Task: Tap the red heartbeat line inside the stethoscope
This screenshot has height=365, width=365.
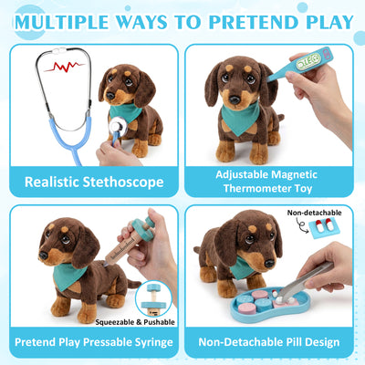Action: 64,67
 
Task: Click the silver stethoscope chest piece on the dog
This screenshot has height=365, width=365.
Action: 119,128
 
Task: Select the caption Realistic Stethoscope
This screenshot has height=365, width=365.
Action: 94,182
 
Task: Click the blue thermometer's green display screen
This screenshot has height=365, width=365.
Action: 308,58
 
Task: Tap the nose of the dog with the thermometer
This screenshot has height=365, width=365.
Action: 235,99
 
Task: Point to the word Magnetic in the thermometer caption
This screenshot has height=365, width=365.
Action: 294,174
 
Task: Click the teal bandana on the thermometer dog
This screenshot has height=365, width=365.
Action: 240,118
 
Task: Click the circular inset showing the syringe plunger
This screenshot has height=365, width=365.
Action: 153,298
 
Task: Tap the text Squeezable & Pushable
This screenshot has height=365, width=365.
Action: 135,322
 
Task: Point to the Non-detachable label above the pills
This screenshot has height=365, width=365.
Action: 314,213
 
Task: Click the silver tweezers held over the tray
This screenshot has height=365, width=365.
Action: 305,280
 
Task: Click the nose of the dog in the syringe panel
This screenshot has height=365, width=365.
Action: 43,255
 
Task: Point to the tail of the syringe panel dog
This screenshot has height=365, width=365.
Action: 133,284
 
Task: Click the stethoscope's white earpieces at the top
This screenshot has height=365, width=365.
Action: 59,49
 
